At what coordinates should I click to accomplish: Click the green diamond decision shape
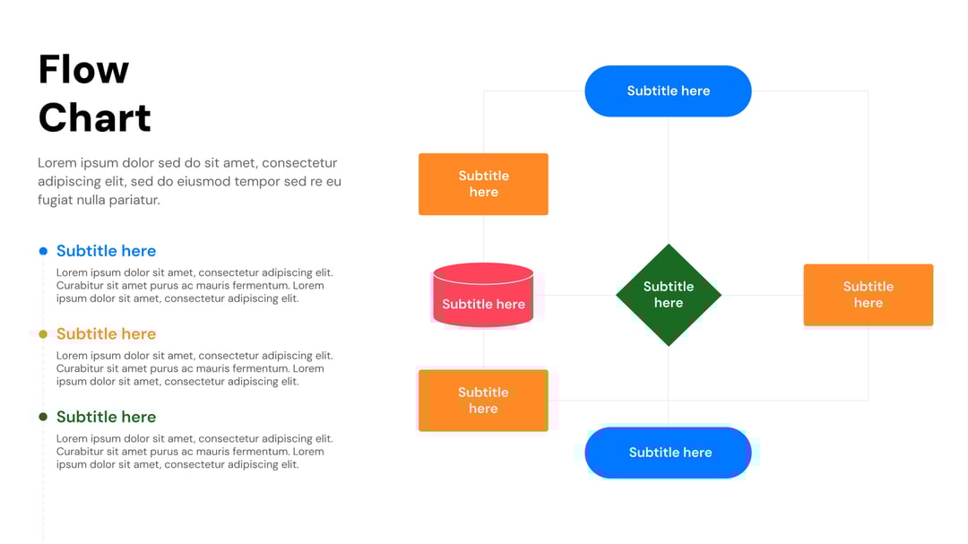668,295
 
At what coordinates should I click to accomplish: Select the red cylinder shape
483,295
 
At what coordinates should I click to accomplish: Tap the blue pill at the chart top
668,91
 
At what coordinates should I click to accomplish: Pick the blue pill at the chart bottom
668,453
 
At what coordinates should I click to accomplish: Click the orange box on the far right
868,295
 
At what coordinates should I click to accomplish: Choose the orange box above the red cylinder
483,184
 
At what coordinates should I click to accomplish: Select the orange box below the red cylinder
483,400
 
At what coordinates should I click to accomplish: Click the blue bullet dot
43,251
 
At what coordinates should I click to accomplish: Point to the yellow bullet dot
43,334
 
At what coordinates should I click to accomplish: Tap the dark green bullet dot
43,417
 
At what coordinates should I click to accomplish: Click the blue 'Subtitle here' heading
106,251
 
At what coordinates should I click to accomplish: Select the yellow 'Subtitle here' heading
106,334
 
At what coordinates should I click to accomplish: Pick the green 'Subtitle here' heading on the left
106,417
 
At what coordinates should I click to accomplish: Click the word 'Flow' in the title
83,70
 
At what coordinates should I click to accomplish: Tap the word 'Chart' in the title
94,117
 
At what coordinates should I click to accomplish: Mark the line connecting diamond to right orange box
762,295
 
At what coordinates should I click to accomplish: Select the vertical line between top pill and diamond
668,179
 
